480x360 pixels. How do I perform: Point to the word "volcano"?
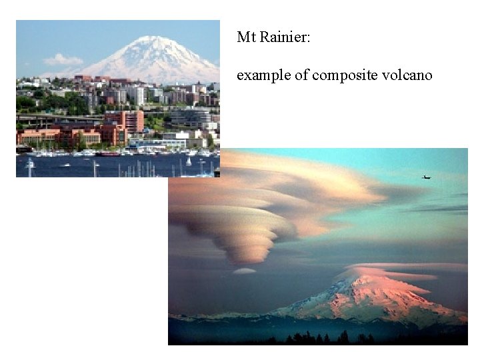click(x=407, y=75)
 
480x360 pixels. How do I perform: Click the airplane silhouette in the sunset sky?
click(x=426, y=177)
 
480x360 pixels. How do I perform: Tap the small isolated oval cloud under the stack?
click(x=244, y=271)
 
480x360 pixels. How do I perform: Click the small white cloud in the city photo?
click(x=63, y=60)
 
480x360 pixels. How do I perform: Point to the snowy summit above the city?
click(x=154, y=41)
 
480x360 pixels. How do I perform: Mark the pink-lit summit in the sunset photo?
click(x=363, y=280)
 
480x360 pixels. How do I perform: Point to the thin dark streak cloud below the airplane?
click(x=440, y=209)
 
